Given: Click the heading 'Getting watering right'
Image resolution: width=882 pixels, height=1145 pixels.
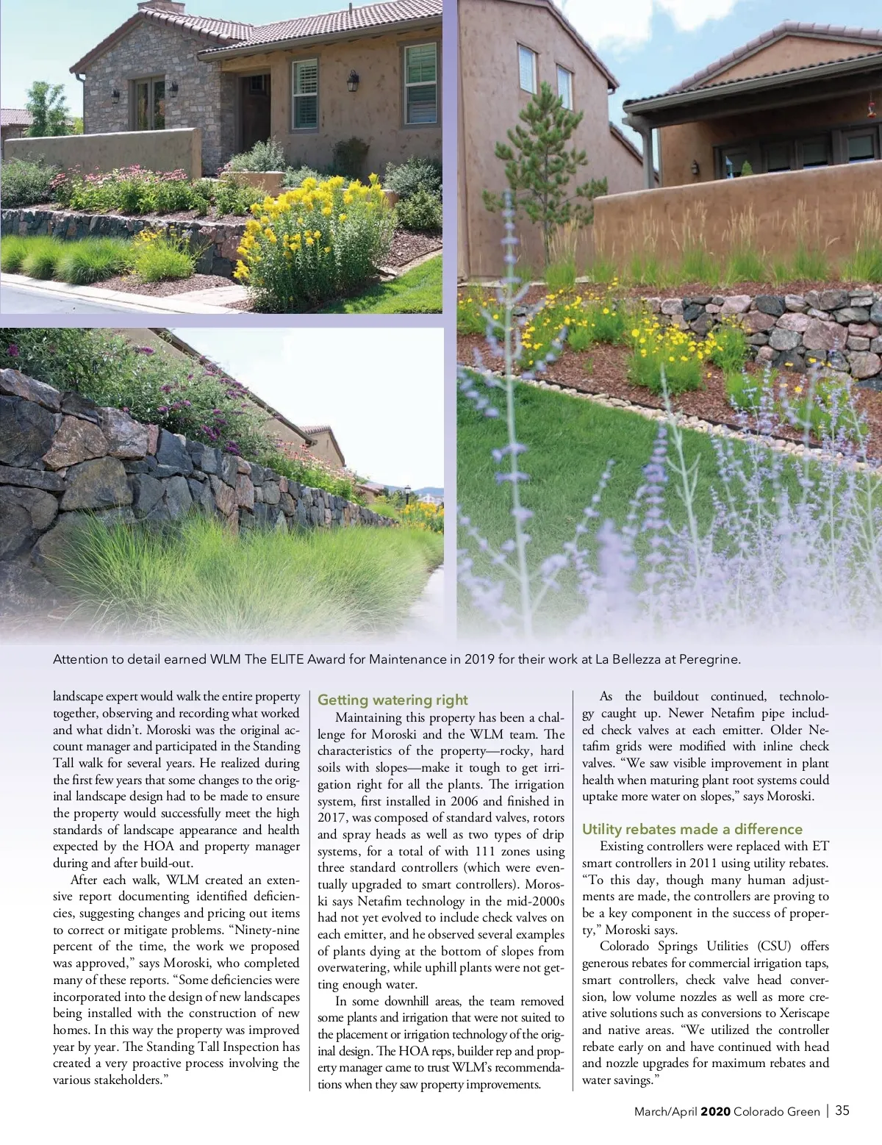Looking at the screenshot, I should click(392, 700).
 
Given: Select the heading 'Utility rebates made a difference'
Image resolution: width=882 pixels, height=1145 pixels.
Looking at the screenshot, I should click(692, 829).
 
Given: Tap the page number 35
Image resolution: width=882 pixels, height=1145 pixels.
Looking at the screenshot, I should click(842, 1110).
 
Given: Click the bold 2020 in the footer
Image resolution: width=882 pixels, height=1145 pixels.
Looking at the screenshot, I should click(715, 1111).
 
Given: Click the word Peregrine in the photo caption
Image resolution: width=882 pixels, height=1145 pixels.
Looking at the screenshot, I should click(709, 659).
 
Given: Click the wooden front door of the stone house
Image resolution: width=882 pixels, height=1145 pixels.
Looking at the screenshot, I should click(257, 110).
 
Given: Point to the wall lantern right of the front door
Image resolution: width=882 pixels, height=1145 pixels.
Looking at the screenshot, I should click(354, 80).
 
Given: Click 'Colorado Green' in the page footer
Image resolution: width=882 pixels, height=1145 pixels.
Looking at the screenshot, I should click(776, 1111).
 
